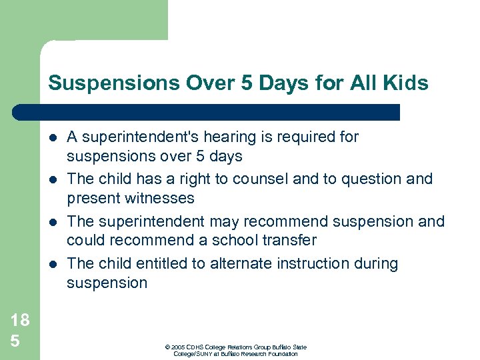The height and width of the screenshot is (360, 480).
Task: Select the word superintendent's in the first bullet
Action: (134, 137)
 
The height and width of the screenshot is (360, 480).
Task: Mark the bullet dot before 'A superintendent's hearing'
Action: (53, 138)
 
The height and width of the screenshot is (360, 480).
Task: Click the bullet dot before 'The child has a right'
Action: (53, 179)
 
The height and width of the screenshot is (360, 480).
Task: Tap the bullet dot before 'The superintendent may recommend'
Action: (53, 221)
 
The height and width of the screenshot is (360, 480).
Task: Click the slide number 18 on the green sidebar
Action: (20, 320)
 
